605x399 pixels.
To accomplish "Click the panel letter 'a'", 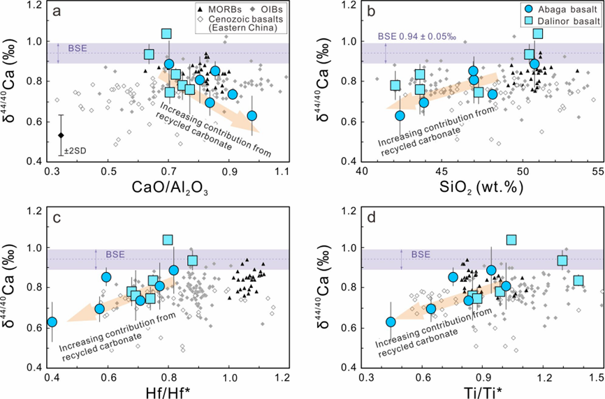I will [x=61, y=13].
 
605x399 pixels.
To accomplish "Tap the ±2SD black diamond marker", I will [x=61, y=135].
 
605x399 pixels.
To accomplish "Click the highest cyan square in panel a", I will [x=166, y=33].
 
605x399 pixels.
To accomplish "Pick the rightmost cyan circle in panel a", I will [x=252, y=115].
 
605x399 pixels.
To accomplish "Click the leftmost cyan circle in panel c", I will [x=51, y=322].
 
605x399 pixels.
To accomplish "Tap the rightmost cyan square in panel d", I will [x=578, y=280].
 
